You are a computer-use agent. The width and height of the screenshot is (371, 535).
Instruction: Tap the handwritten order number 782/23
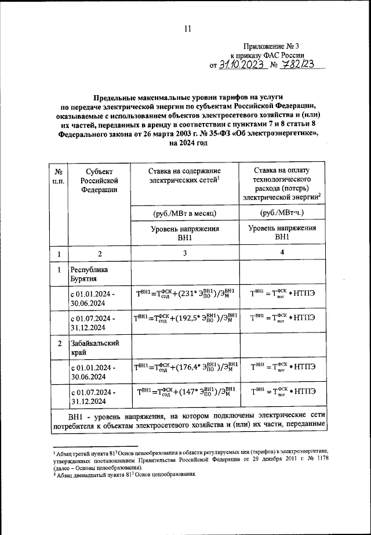point(296,65)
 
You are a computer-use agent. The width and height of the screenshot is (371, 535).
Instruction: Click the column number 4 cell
point(282,253)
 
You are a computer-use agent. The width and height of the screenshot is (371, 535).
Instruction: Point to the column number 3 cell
point(184,253)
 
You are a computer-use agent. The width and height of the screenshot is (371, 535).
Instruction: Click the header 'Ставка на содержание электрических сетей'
point(185,175)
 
